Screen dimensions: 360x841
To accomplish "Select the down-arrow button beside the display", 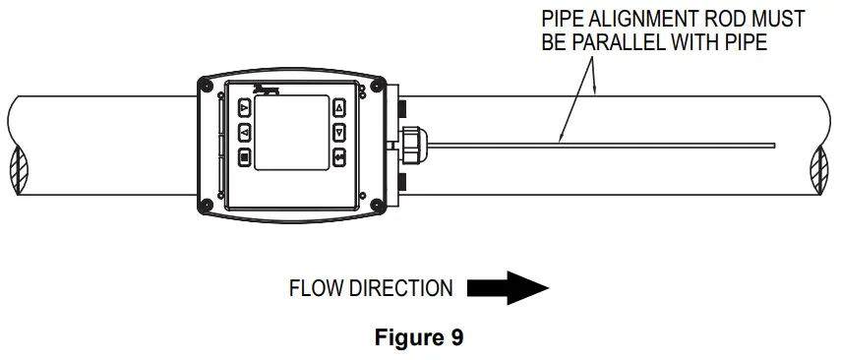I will (339, 132).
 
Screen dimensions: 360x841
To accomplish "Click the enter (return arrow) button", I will (339, 156).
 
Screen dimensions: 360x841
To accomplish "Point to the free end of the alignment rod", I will (773, 147).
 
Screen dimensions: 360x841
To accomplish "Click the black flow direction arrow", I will (507, 288).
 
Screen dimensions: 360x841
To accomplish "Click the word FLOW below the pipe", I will (314, 289).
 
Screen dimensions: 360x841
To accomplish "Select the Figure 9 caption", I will (420, 338).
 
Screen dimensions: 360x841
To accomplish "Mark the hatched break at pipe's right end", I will (818, 165).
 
